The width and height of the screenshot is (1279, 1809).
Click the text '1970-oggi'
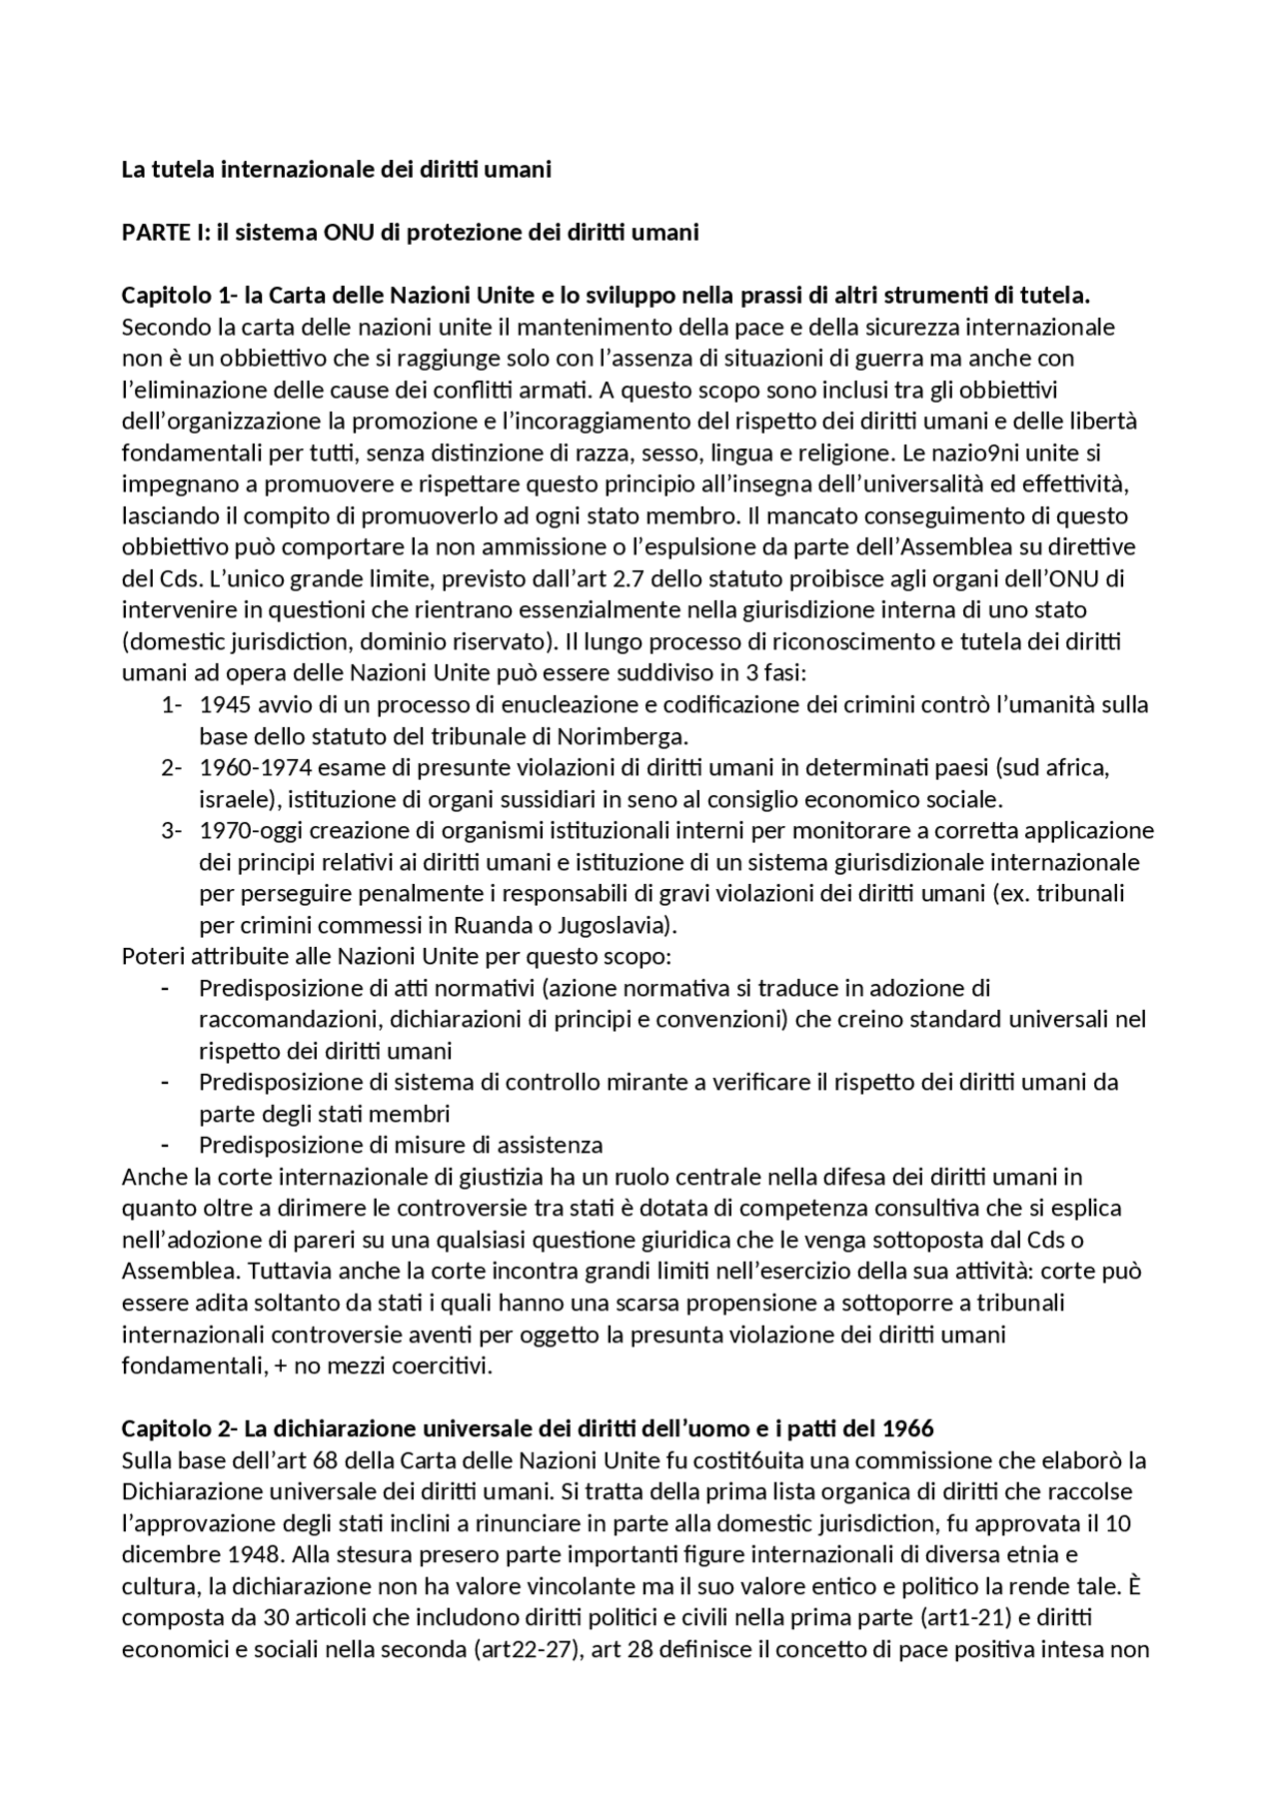pos(245,831)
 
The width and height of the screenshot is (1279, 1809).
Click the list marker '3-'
pos(171,831)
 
